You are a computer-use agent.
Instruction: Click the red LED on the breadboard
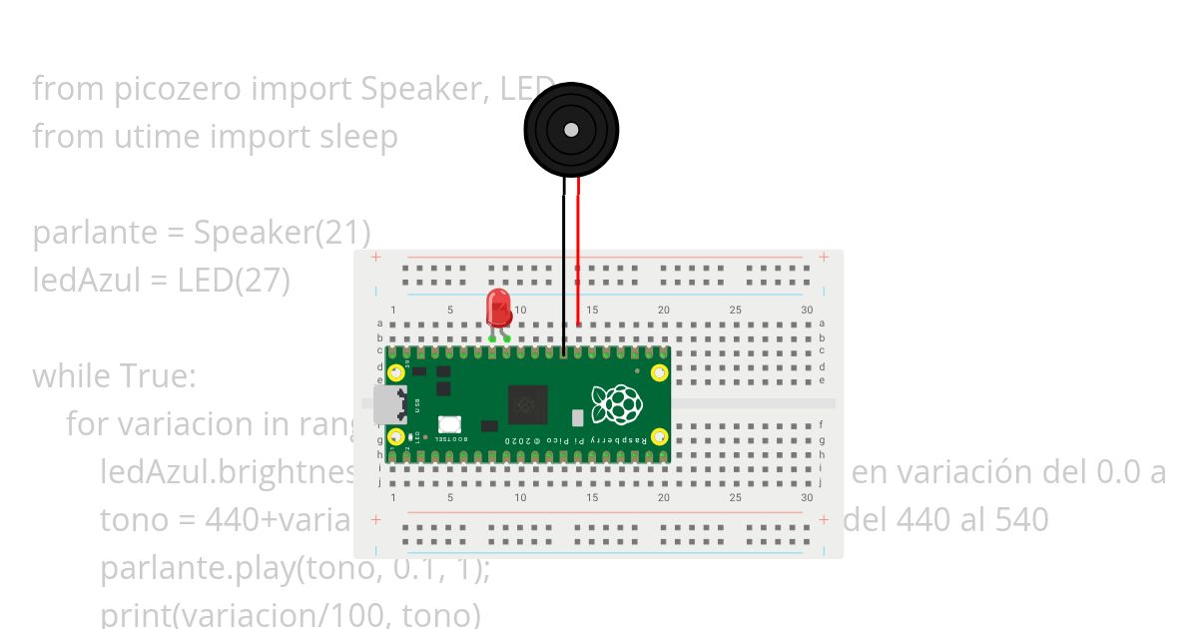(498, 309)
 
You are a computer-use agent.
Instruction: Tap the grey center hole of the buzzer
(571, 130)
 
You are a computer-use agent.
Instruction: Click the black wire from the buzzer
(564, 270)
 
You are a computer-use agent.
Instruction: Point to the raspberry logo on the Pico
(616, 404)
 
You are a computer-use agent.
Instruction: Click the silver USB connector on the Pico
(385, 404)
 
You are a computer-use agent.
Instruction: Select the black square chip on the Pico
(527, 404)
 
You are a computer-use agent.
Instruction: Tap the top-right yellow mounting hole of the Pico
(659, 373)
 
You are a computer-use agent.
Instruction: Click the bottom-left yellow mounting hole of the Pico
(396, 436)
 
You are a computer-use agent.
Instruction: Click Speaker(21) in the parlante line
(283, 233)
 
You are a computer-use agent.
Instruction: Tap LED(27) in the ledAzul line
(234, 281)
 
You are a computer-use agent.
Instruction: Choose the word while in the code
(72, 376)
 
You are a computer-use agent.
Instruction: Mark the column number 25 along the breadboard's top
(736, 310)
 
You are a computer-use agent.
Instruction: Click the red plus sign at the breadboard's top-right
(824, 257)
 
